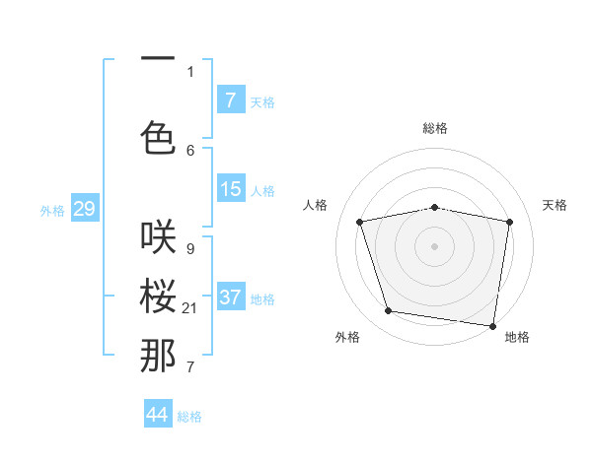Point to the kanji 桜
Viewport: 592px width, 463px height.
(158, 295)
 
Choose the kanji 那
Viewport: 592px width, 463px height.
(158, 356)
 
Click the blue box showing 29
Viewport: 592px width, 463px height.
(84, 209)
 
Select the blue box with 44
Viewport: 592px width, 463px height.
(158, 415)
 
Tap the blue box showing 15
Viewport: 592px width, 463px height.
(231, 189)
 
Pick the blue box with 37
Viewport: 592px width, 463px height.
(231, 298)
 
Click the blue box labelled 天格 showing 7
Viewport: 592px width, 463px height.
(231, 100)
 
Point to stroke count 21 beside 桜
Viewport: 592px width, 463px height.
(190, 309)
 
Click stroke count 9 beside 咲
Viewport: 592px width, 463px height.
(189, 248)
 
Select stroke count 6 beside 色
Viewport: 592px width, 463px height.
(190, 150)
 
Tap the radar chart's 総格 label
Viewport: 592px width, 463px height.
(435, 128)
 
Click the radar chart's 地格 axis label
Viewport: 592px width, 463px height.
(517, 337)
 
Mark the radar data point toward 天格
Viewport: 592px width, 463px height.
(509, 222)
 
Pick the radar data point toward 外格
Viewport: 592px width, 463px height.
(389, 311)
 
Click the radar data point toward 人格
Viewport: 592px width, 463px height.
(360, 222)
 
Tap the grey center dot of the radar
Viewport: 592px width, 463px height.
(435, 246)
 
